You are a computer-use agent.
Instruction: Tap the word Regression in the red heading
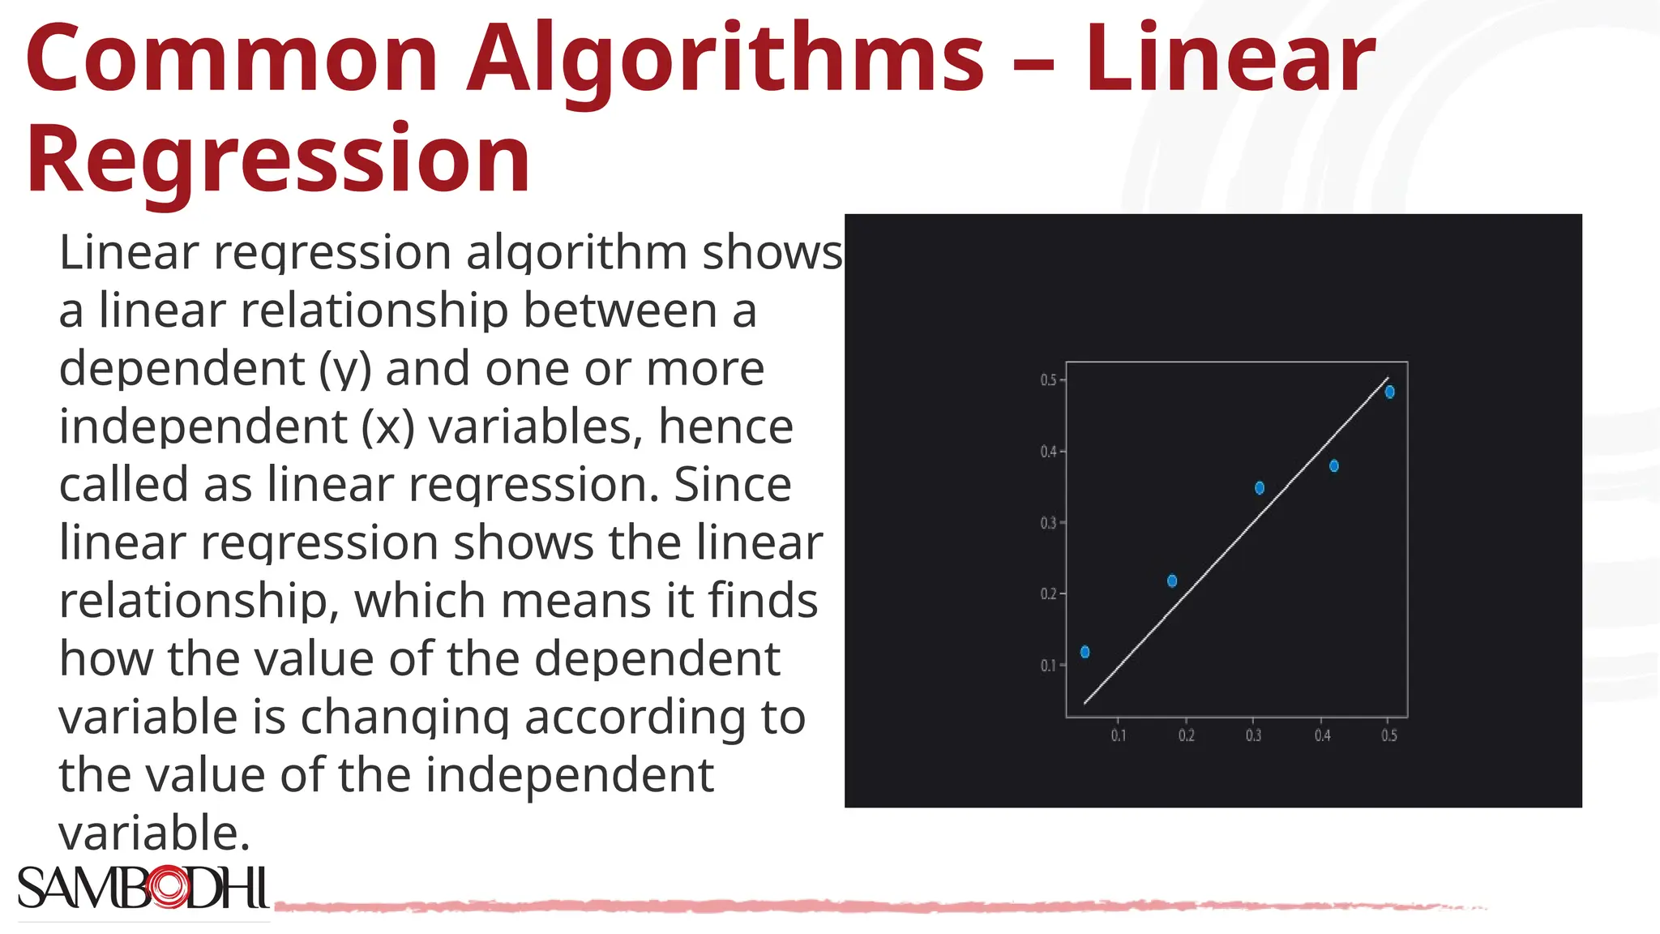click(278, 158)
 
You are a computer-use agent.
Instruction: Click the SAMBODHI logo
click(143, 888)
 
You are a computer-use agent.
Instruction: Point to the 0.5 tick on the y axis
click(1048, 380)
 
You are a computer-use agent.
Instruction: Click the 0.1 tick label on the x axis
click(1119, 735)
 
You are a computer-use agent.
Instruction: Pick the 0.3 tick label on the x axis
click(1254, 735)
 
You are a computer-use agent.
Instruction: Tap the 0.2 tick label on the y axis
click(1048, 594)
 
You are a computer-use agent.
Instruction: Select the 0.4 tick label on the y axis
click(1048, 452)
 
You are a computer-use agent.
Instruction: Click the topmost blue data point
click(1390, 392)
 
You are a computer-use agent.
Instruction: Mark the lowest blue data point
click(1085, 652)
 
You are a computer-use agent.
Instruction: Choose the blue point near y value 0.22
click(1172, 581)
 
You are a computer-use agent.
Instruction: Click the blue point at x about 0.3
click(1260, 488)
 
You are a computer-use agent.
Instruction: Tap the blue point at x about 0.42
click(1334, 466)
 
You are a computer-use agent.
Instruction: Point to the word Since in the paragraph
click(732, 484)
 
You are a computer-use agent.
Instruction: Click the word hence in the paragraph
click(725, 426)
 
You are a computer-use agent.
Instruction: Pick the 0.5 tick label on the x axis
click(1389, 735)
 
